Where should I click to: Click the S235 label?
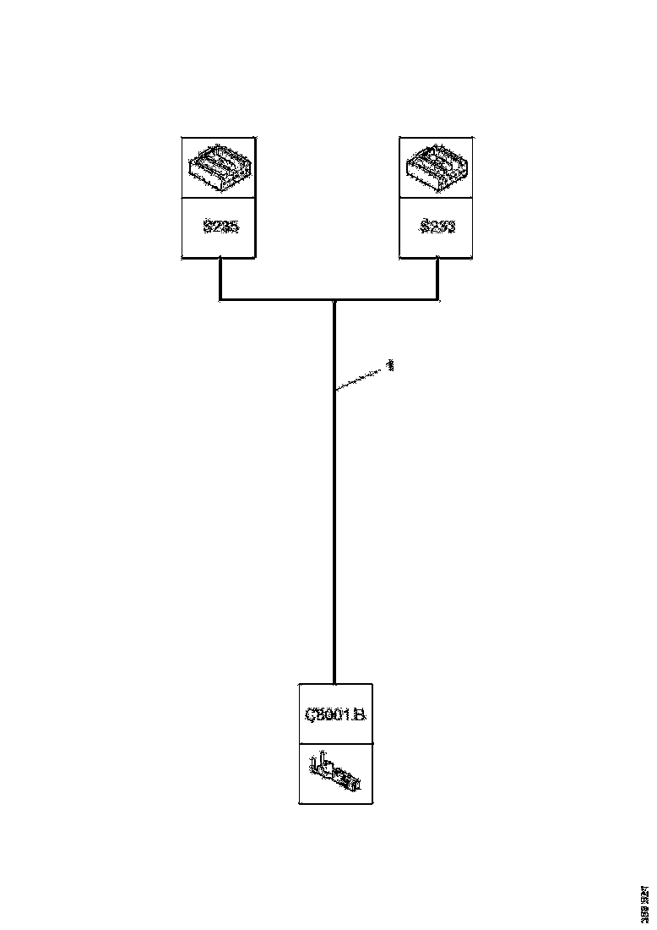click(x=220, y=227)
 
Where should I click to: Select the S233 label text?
click(x=436, y=227)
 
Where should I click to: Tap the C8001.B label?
click(x=335, y=714)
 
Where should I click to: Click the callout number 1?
click(x=390, y=365)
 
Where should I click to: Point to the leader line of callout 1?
click(x=361, y=378)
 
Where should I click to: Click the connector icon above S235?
click(x=220, y=167)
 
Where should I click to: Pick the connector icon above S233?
click(x=436, y=167)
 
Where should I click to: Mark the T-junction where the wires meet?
click(x=335, y=299)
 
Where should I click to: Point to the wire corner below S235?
click(x=220, y=298)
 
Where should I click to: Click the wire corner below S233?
click(x=437, y=298)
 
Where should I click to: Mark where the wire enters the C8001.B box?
click(x=335, y=683)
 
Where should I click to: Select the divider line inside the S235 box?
click(x=220, y=199)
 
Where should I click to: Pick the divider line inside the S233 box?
click(x=436, y=199)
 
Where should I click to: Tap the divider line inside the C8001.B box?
click(x=335, y=744)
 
